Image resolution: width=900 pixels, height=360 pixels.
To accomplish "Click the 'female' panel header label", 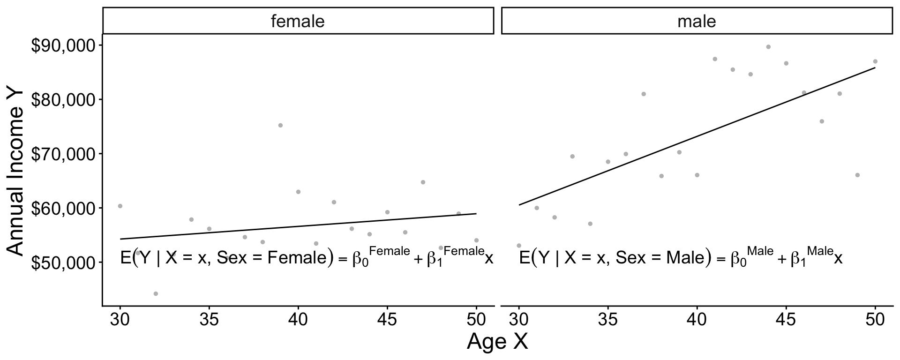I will click(x=298, y=21).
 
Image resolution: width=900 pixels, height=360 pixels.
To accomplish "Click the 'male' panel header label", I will click(x=697, y=21).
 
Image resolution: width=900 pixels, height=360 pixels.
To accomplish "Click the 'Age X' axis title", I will click(x=497, y=342).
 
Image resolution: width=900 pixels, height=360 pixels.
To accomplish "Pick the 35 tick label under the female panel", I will click(x=209, y=320).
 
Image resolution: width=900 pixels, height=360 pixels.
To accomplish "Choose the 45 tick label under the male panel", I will click(x=786, y=320).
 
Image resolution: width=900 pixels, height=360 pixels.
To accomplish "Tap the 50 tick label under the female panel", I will click(x=476, y=320).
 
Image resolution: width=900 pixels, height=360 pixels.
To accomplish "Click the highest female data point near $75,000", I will click(x=280, y=125).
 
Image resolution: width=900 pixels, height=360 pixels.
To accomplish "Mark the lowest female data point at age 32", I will click(x=156, y=294).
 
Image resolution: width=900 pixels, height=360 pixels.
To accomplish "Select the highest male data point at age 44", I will click(x=768, y=47).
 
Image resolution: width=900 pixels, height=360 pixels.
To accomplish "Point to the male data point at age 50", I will click(x=875, y=61).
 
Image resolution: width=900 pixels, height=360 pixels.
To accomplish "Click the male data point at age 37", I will click(x=644, y=94).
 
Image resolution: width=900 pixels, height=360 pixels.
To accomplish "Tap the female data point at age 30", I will click(x=120, y=206).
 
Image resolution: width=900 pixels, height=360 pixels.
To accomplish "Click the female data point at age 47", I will click(x=423, y=182).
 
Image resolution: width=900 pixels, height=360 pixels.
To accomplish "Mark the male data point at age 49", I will click(x=857, y=175).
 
